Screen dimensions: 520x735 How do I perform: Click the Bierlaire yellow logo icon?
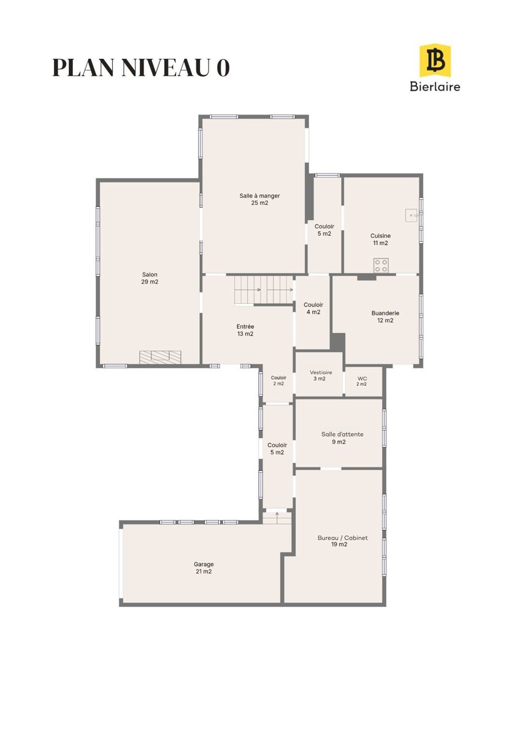click(435, 61)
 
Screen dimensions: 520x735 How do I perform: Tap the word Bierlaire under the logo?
click(435, 86)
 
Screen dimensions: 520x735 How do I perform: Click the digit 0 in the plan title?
click(223, 68)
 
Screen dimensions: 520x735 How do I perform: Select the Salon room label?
click(150, 278)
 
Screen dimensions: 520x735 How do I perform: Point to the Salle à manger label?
click(259, 199)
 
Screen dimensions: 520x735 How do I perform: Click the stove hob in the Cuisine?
click(381, 265)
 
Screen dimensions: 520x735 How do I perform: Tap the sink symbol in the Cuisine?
click(411, 216)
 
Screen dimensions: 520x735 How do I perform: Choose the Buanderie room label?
click(385, 317)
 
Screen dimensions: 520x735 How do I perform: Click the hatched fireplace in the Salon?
click(160, 357)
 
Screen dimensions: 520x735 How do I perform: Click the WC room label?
click(362, 381)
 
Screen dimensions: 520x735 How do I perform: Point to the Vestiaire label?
click(321, 375)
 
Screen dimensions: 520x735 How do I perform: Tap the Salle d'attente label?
click(342, 438)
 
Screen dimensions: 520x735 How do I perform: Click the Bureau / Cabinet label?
click(343, 541)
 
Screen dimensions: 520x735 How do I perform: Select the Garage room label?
click(204, 568)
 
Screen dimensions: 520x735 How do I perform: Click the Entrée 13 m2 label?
click(245, 330)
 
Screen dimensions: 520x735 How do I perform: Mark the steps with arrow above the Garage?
click(277, 517)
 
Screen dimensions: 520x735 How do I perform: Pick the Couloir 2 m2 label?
click(278, 380)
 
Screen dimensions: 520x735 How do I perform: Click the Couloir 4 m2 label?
click(313, 308)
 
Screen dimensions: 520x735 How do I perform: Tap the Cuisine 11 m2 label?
click(380, 239)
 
